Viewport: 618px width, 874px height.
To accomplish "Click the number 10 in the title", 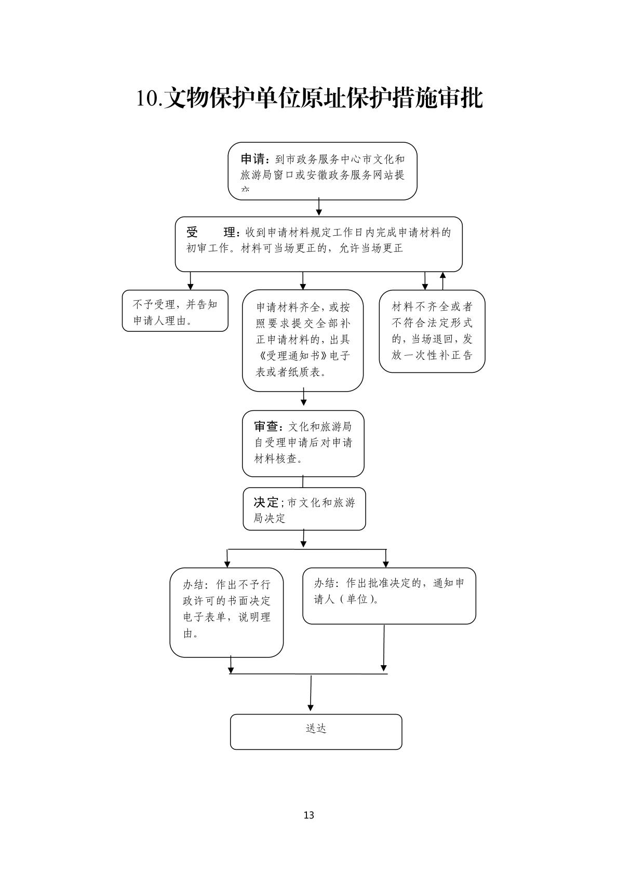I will coord(149,99).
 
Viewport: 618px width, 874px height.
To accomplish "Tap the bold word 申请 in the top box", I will coord(252,159).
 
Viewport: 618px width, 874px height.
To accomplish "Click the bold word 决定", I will coord(266,502).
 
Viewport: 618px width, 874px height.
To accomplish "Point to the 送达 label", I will coord(316,729).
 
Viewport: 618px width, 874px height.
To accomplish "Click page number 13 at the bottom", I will coord(308,815).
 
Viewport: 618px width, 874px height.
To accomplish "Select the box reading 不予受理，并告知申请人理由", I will coord(175,311).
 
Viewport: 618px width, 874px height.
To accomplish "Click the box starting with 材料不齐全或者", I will coord(432,331).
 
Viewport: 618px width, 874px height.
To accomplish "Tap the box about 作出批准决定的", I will coord(389,595).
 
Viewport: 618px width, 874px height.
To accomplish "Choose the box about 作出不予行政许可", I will coord(226,612).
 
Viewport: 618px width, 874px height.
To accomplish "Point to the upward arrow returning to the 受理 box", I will coord(442,280).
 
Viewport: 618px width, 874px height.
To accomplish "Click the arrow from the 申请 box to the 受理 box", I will coord(319,207).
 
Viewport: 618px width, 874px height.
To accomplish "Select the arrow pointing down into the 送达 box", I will coord(311,693).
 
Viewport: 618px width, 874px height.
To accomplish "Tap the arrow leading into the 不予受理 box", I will coord(191,281).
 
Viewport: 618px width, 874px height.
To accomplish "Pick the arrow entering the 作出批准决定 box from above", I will coord(385,559).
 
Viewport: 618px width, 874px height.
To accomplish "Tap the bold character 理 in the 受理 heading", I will coord(229,233).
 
